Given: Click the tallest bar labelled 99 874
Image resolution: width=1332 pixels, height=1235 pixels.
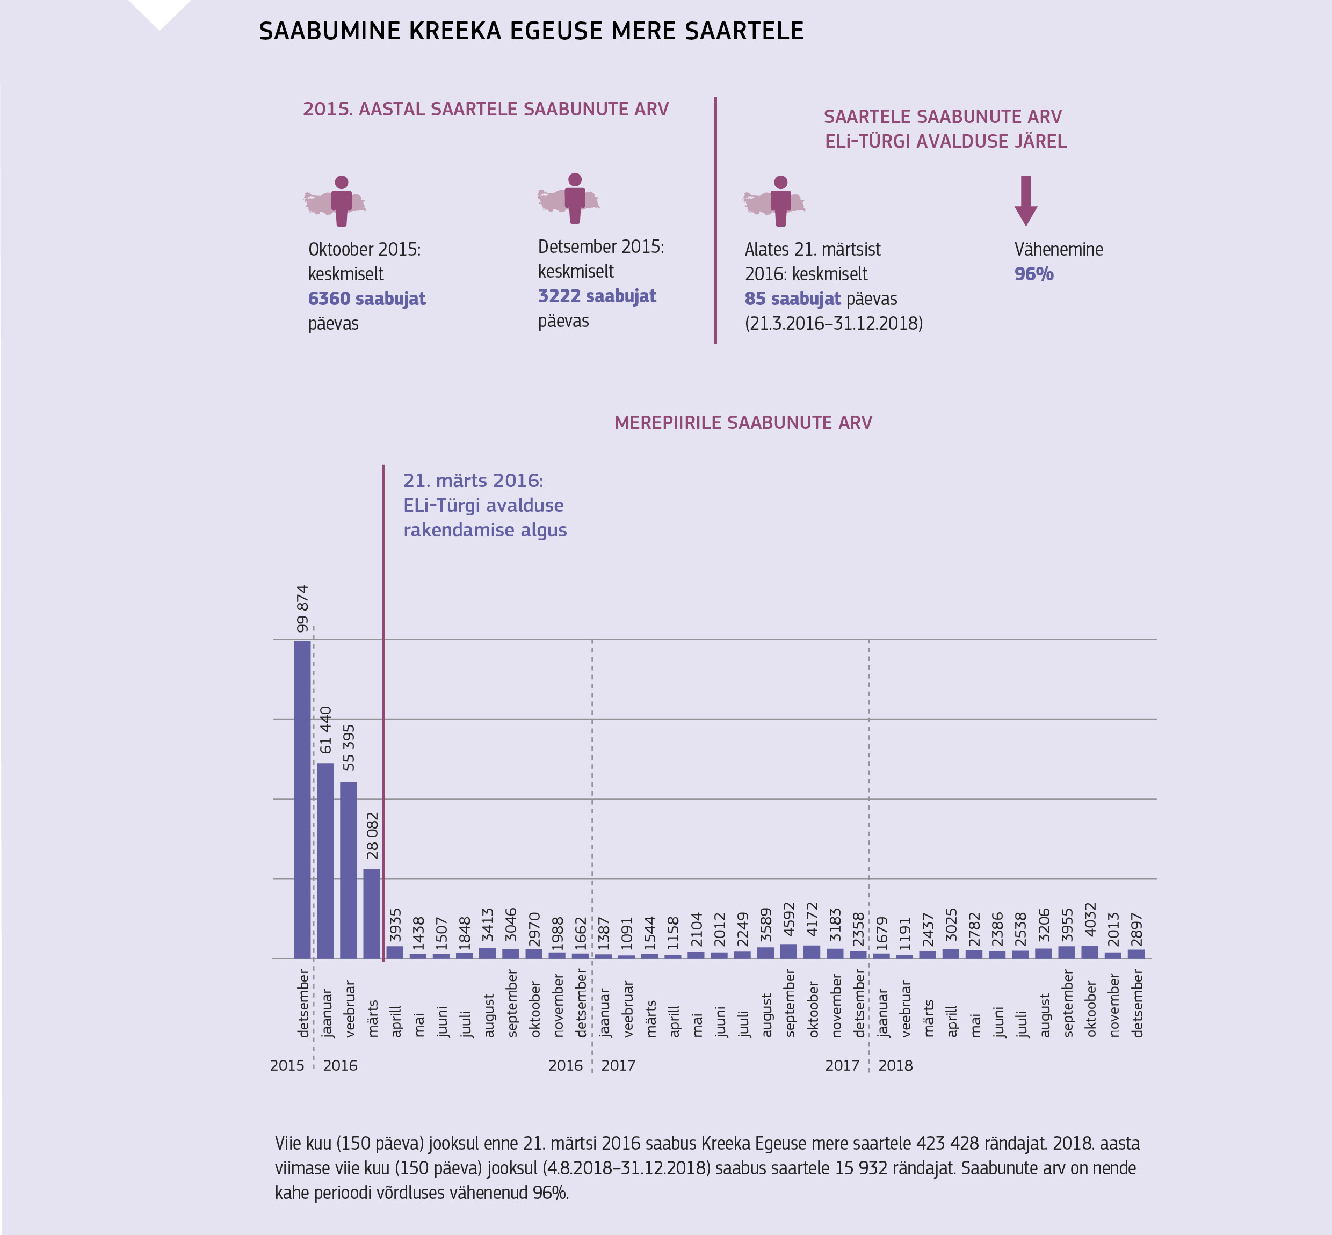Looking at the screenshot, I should [x=302, y=798].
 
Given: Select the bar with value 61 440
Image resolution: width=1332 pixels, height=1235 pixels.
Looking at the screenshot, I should [x=325, y=860].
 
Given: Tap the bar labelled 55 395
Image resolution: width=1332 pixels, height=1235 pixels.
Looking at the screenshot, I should [x=348, y=869].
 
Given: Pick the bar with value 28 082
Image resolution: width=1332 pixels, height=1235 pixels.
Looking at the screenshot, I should [x=372, y=913].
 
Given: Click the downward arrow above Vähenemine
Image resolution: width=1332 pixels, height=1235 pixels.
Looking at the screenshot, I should [x=1026, y=200].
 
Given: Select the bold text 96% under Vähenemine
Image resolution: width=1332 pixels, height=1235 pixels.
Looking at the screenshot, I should [x=1034, y=274].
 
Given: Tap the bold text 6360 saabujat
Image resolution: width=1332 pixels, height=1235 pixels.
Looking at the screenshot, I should [x=366, y=299].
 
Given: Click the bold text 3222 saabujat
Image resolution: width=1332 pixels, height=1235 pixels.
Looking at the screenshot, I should [x=597, y=296].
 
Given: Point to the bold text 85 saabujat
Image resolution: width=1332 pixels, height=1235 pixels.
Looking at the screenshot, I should [x=793, y=299].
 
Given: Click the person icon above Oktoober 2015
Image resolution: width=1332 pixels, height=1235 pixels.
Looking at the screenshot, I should [x=342, y=200].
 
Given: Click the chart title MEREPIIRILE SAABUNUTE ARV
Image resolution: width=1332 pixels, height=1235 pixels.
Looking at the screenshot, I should [x=743, y=423].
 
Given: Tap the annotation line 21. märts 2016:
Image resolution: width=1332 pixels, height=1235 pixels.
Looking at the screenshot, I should [x=473, y=481].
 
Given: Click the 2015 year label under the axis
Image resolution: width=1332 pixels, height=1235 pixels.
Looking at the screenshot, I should [x=287, y=1065].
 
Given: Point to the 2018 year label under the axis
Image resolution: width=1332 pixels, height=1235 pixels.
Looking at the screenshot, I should [x=895, y=1065].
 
